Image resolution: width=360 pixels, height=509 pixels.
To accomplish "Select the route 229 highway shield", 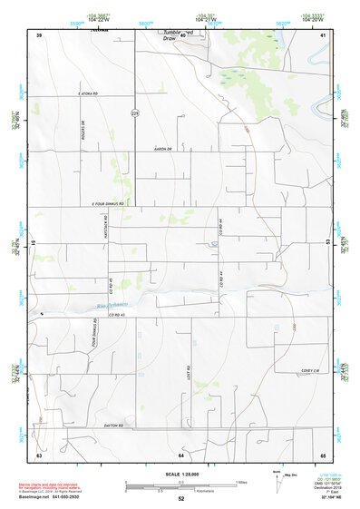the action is (135, 113).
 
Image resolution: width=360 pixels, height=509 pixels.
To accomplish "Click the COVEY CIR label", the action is (311, 371).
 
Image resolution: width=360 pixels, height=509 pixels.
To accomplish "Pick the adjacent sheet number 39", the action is (39, 34).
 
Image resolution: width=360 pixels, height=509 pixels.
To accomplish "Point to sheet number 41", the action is (323, 34).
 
